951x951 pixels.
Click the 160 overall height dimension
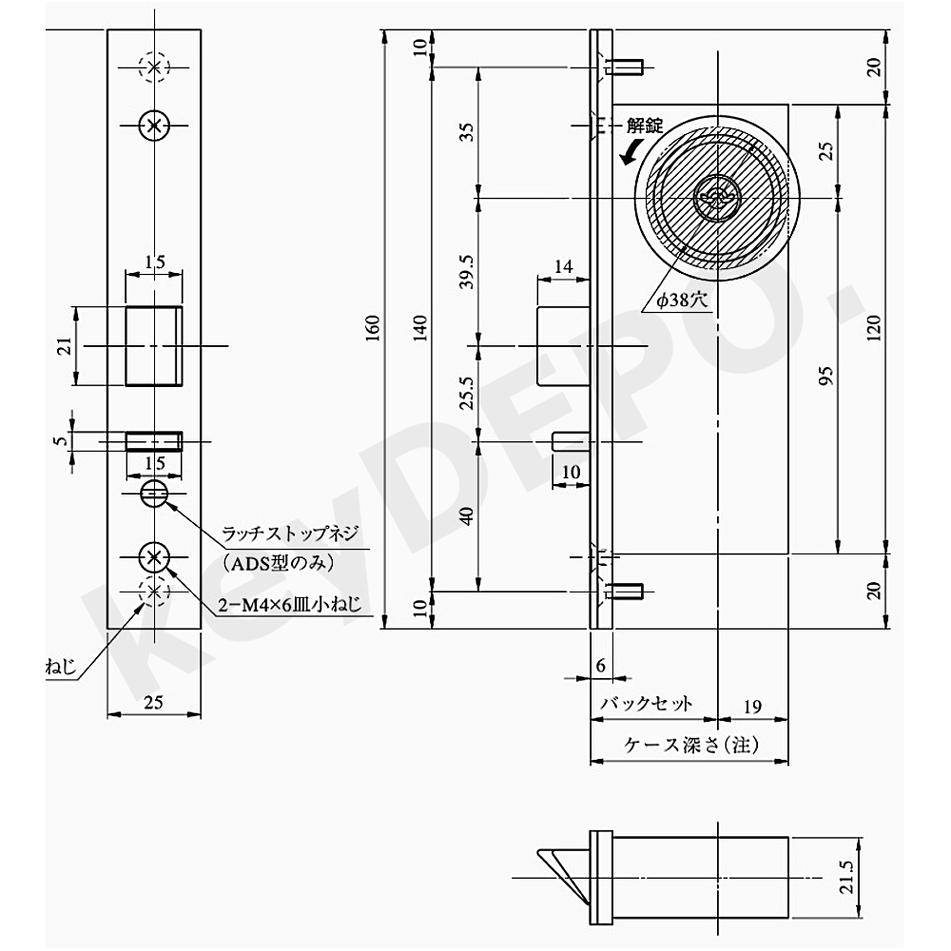pos(373,327)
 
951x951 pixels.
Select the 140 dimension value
pos(421,327)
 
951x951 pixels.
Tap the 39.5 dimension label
pos(466,270)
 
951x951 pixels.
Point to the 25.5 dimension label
pos(466,392)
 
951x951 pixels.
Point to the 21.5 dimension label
pos(847,873)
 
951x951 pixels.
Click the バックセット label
pos(646,704)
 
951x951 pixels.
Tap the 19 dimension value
pos(751,706)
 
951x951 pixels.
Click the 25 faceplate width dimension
pos(153,703)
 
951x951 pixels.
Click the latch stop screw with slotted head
pos(153,493)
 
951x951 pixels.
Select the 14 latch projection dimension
pos(563,267)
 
